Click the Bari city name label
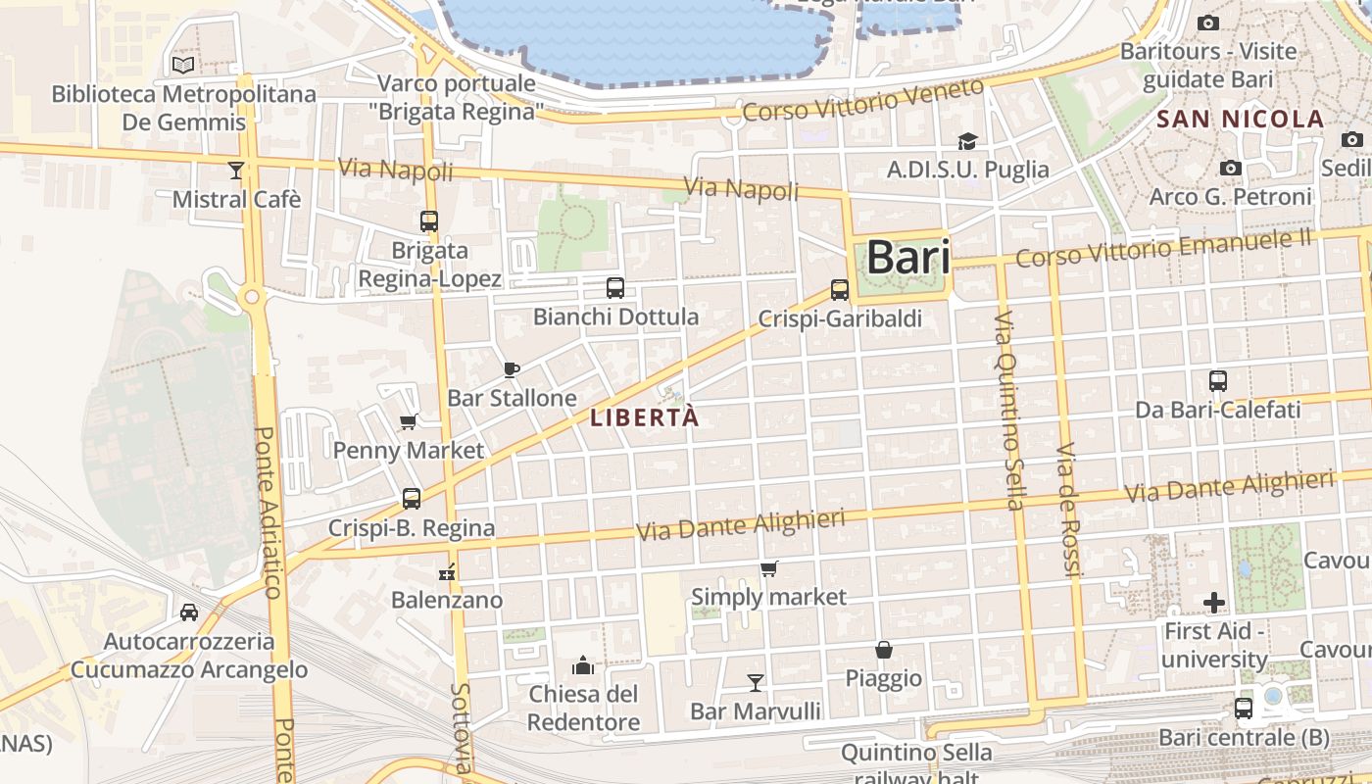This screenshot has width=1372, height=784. (908, 257)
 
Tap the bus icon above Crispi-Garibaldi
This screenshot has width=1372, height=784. (840, 290)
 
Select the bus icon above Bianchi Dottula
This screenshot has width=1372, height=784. (615, 288)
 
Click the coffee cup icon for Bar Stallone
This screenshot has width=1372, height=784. (511, 369)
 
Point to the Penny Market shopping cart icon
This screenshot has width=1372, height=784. (409, 421)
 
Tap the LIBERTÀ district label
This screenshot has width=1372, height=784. (645, 417)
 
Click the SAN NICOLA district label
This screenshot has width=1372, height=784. (1241, 120)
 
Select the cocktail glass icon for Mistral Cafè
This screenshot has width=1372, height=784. (236, 171)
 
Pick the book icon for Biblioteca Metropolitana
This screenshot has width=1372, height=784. (183, 66)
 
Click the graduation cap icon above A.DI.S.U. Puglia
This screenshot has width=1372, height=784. (967, 141)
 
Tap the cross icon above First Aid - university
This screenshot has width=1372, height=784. (1214, 603)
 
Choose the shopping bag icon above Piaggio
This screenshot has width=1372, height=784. (884, 650)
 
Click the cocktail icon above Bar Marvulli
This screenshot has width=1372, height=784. (756, 682)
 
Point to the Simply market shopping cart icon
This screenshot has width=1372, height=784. (769, 568)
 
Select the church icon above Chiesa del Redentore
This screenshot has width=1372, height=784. (583, 666)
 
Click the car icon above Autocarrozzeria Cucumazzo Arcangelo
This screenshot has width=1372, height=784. (189, 612)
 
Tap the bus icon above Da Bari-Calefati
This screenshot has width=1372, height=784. (1218, 381)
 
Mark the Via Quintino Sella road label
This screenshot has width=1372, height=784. (1008, 412)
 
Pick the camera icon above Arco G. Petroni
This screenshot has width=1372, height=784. (1231, 169)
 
